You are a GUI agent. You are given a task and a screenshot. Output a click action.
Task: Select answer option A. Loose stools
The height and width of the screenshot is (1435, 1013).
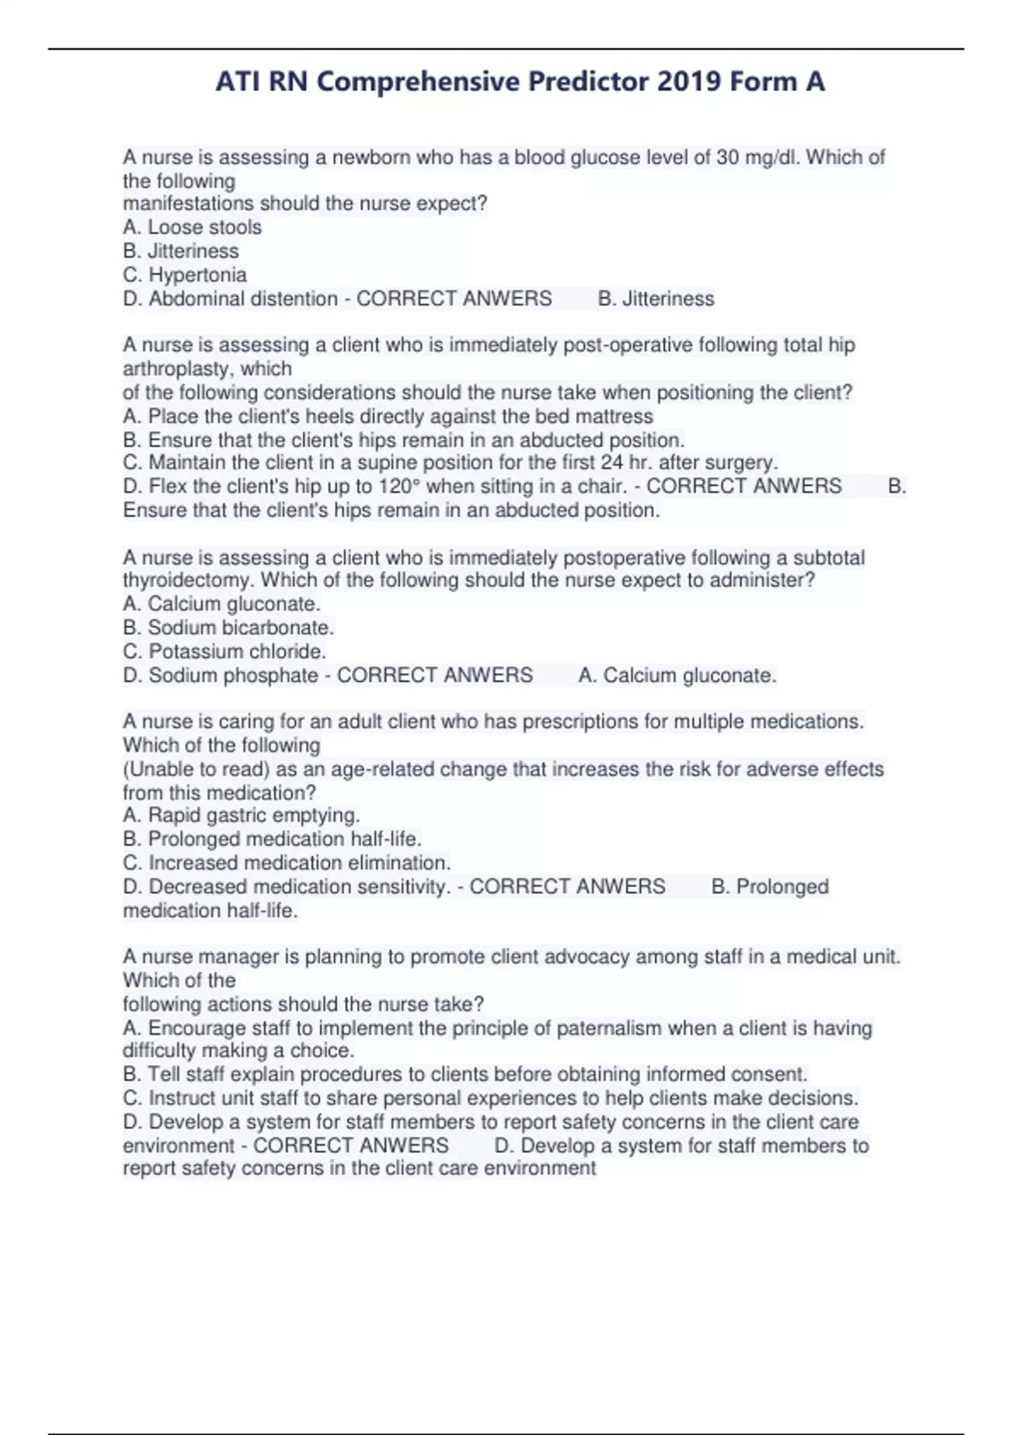click(192, 227)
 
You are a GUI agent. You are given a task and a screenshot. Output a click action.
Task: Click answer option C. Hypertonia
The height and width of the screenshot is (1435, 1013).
click(185, 274)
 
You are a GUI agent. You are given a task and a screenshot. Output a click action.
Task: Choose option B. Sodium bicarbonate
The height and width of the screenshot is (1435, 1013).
click(229, 628)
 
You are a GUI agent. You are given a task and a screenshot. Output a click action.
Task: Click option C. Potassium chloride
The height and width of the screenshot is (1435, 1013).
click(225, 652)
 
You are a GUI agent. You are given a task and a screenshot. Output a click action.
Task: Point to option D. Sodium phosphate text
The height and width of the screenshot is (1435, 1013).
click(220, 675)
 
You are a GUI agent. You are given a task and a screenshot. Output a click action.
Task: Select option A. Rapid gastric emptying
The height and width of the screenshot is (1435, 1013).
click(241, 815)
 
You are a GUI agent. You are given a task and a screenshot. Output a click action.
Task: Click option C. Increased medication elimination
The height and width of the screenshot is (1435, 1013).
click(287, 863)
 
